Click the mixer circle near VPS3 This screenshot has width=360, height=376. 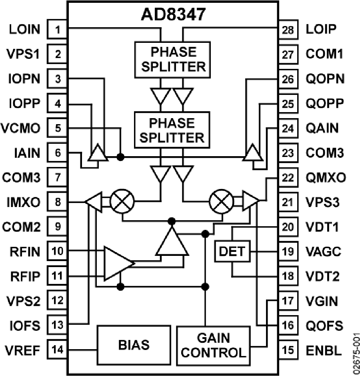click(x=220, y=201)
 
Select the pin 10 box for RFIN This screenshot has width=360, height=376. click(x=58, y=251)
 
